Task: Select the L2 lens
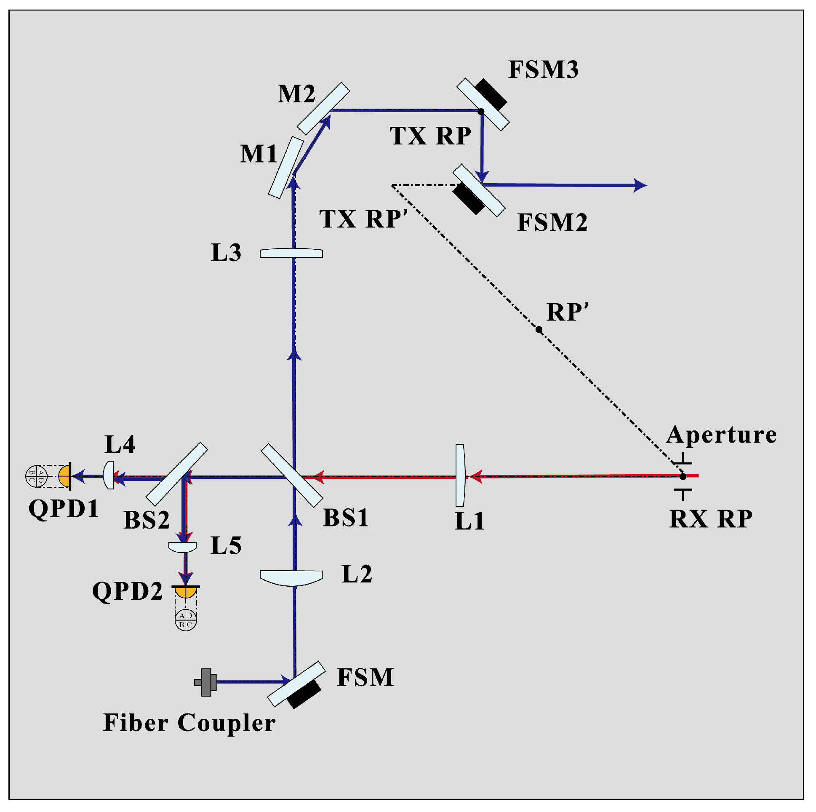point(291,577)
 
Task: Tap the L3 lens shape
point(291,253)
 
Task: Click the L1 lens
point(460,475)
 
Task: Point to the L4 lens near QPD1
point(109,475)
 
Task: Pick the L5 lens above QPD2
point(182,547)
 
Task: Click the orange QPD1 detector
point(64,476)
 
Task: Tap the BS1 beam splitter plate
point(292,475)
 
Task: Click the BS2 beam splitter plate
point(176,474)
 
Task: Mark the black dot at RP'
point(539,329)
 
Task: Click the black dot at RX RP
point(683,476)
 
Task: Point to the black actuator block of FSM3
point(491,94)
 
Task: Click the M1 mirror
point(286,167)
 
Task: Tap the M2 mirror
point(323,108)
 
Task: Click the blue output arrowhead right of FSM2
point(640,185)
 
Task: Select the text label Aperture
point(721,434)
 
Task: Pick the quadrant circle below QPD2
point(186,620)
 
